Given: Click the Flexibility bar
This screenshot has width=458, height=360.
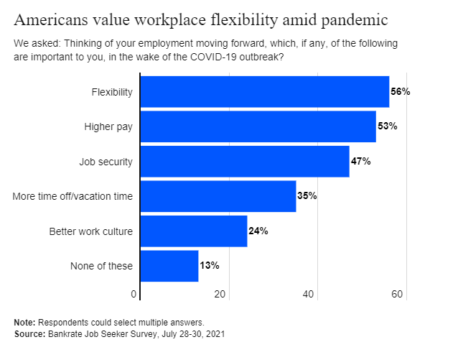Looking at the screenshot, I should [264, 92].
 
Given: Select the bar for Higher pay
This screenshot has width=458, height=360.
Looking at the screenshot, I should [258, 126].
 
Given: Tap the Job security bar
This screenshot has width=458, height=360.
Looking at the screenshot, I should [244, 161].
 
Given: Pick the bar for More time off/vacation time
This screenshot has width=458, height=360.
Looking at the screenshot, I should [218, 196].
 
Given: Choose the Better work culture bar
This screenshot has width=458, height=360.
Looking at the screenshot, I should [193, 231].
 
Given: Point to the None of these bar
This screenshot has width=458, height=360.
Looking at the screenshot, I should [169, 265].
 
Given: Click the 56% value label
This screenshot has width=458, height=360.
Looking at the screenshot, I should [400, 92].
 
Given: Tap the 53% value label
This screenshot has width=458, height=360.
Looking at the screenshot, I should [387, 126].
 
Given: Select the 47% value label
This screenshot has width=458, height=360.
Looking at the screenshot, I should [360, 161].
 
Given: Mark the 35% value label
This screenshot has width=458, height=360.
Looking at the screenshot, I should [307, 196].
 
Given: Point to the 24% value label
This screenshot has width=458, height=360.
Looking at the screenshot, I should [258, 231].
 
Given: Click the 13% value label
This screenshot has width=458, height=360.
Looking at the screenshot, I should [210, 265].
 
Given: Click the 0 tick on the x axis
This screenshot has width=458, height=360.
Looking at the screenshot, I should [134, 293].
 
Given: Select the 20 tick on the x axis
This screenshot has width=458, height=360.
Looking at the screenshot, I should [220, 293].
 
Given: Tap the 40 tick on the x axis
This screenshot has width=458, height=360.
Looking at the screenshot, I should [309, 293].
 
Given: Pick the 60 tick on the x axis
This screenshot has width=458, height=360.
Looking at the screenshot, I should [398, 293].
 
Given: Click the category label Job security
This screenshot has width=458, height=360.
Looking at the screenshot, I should [106, 162].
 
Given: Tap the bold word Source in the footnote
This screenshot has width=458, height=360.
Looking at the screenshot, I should [29, 334].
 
